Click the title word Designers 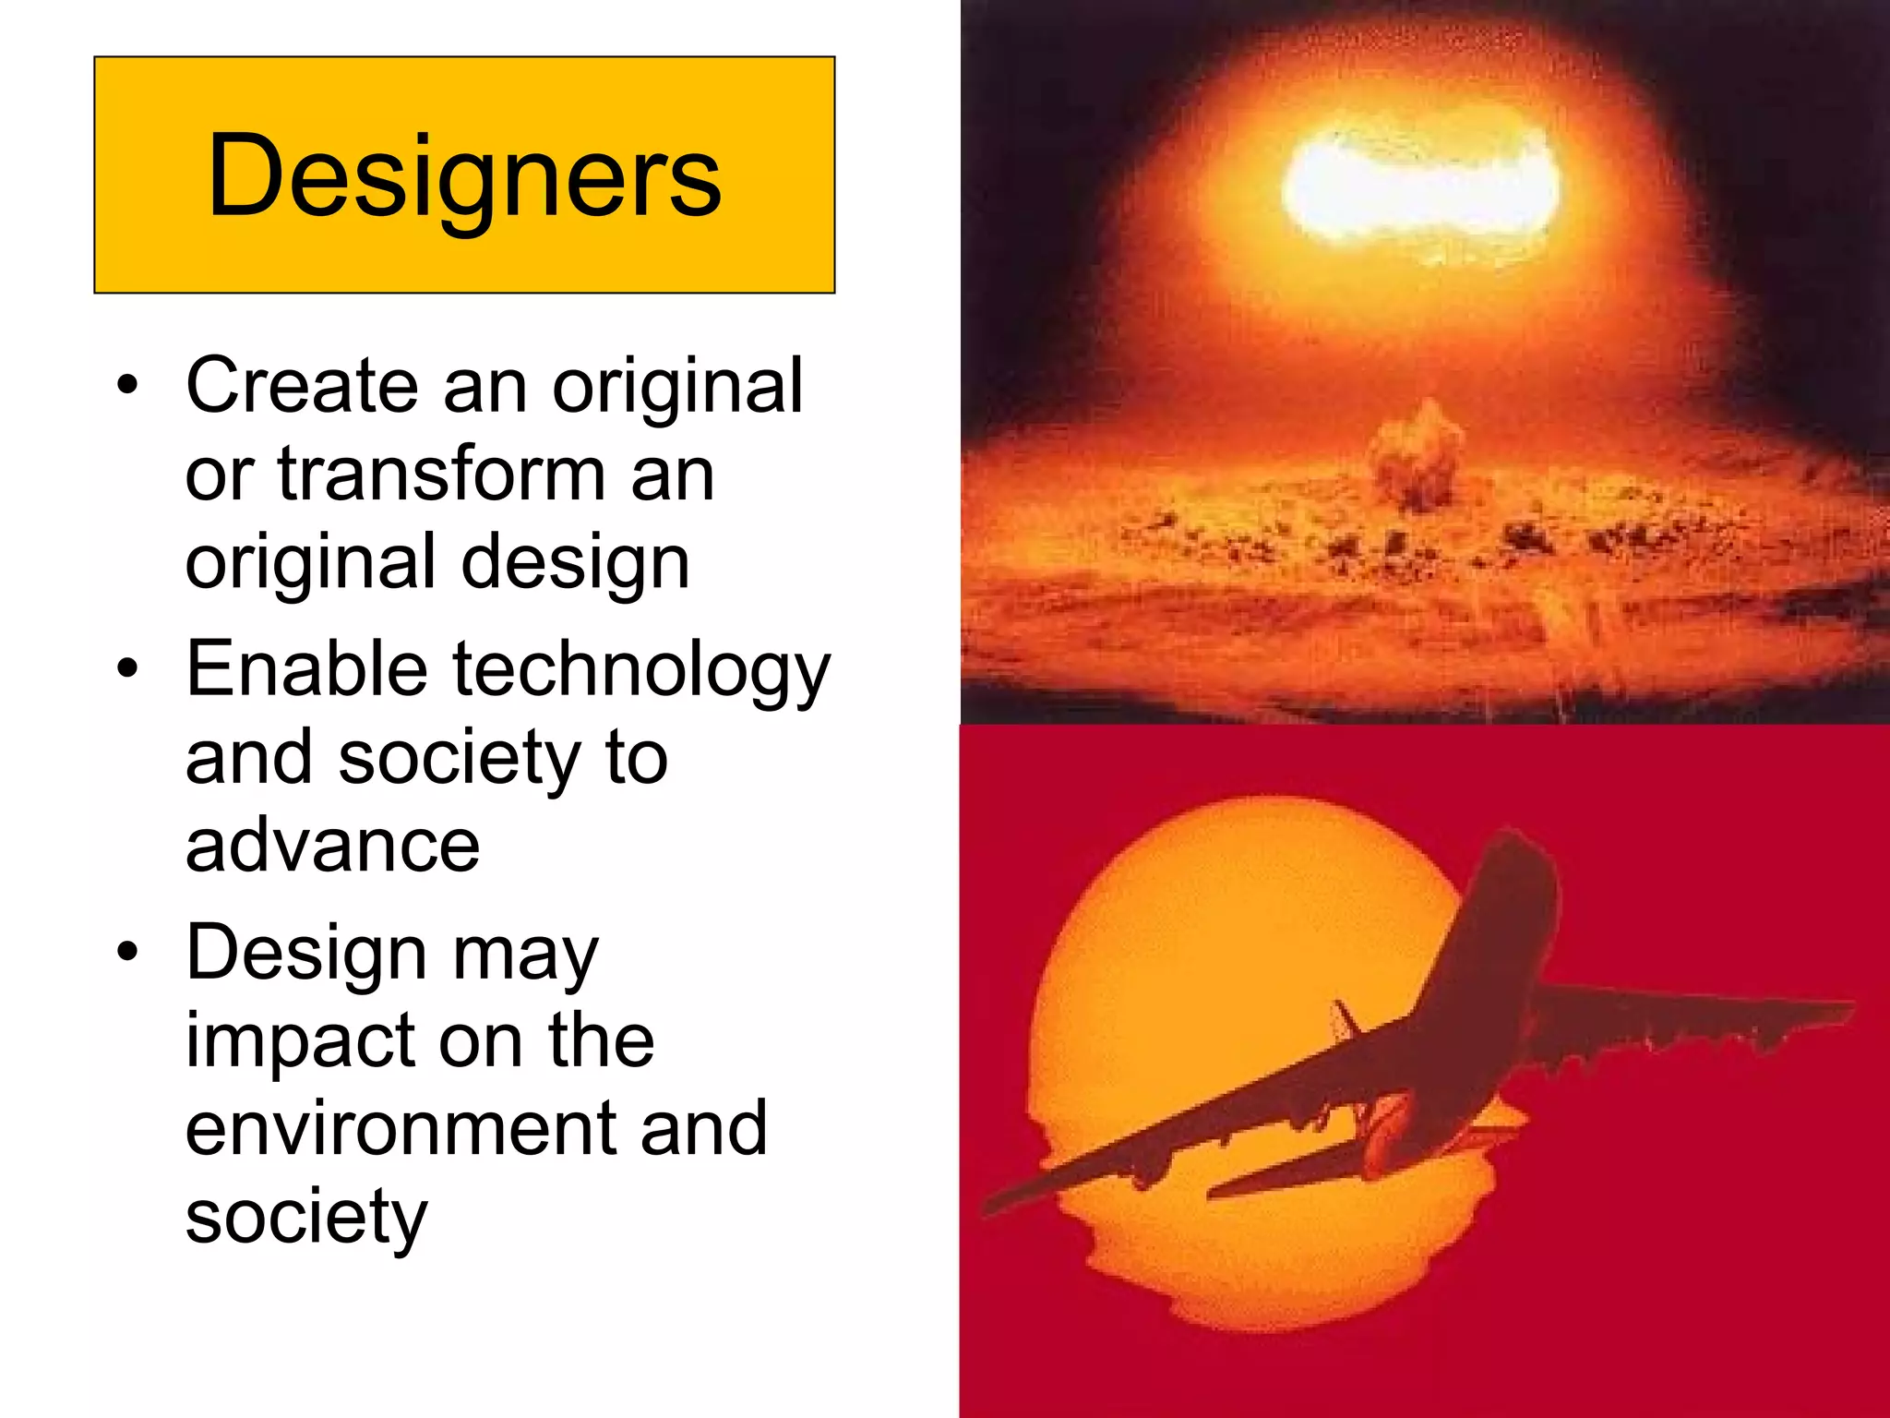464,175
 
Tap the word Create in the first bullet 302,385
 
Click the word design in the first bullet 575,563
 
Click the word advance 332,846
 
